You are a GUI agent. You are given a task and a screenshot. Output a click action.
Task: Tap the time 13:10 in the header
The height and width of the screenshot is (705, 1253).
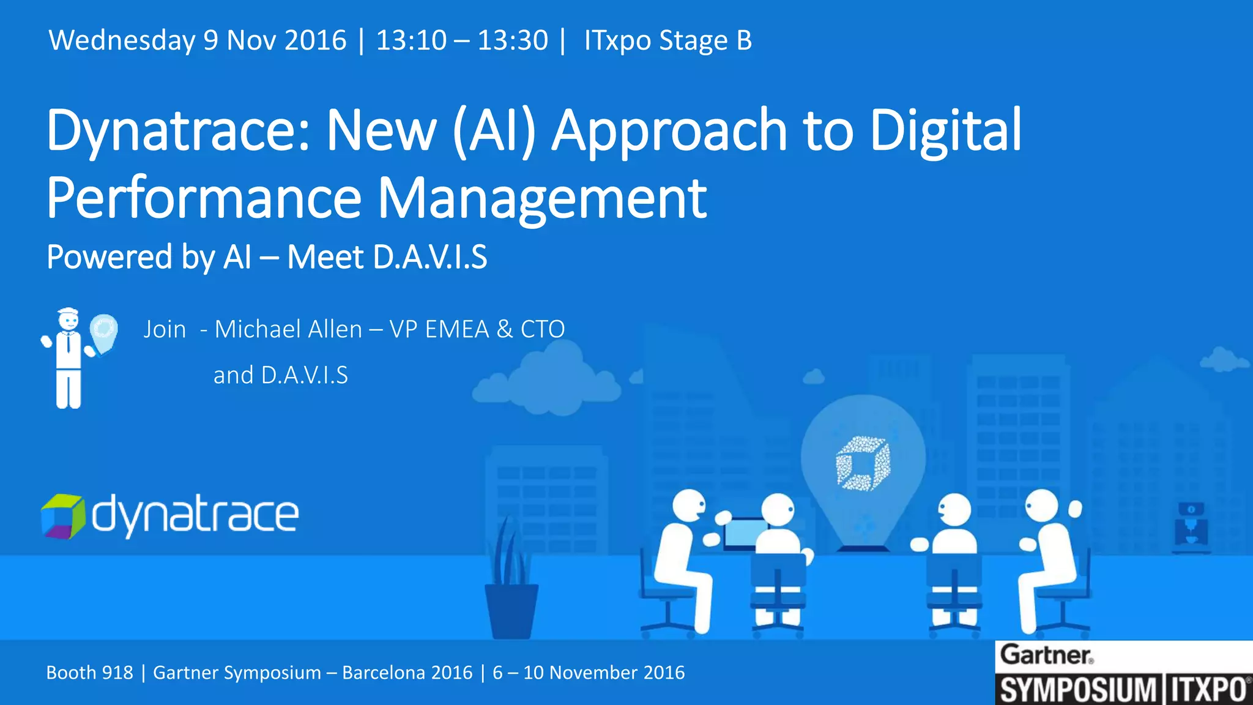411,41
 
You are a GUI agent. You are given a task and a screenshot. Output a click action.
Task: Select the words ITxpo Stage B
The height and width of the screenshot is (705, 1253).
667,41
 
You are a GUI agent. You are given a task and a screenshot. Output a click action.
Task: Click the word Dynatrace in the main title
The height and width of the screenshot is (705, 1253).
177,130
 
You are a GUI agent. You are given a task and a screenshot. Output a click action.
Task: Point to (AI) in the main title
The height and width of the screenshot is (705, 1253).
494,130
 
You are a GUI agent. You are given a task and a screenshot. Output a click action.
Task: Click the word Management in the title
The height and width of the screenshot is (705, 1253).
542,198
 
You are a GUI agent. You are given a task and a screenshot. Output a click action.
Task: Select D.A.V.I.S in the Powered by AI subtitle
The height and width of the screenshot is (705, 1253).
430,257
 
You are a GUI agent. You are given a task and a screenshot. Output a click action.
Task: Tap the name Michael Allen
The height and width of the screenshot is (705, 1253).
288,329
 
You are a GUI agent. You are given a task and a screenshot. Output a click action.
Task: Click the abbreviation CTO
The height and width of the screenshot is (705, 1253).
542,329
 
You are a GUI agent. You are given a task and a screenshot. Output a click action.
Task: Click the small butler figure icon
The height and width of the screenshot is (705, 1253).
68,359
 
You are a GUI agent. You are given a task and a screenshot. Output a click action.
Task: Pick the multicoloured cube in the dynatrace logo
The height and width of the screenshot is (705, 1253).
62,516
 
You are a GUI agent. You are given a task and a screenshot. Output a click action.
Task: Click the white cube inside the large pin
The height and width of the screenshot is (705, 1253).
863,463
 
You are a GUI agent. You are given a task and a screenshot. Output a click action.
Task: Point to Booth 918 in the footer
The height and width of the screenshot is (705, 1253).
89,673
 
